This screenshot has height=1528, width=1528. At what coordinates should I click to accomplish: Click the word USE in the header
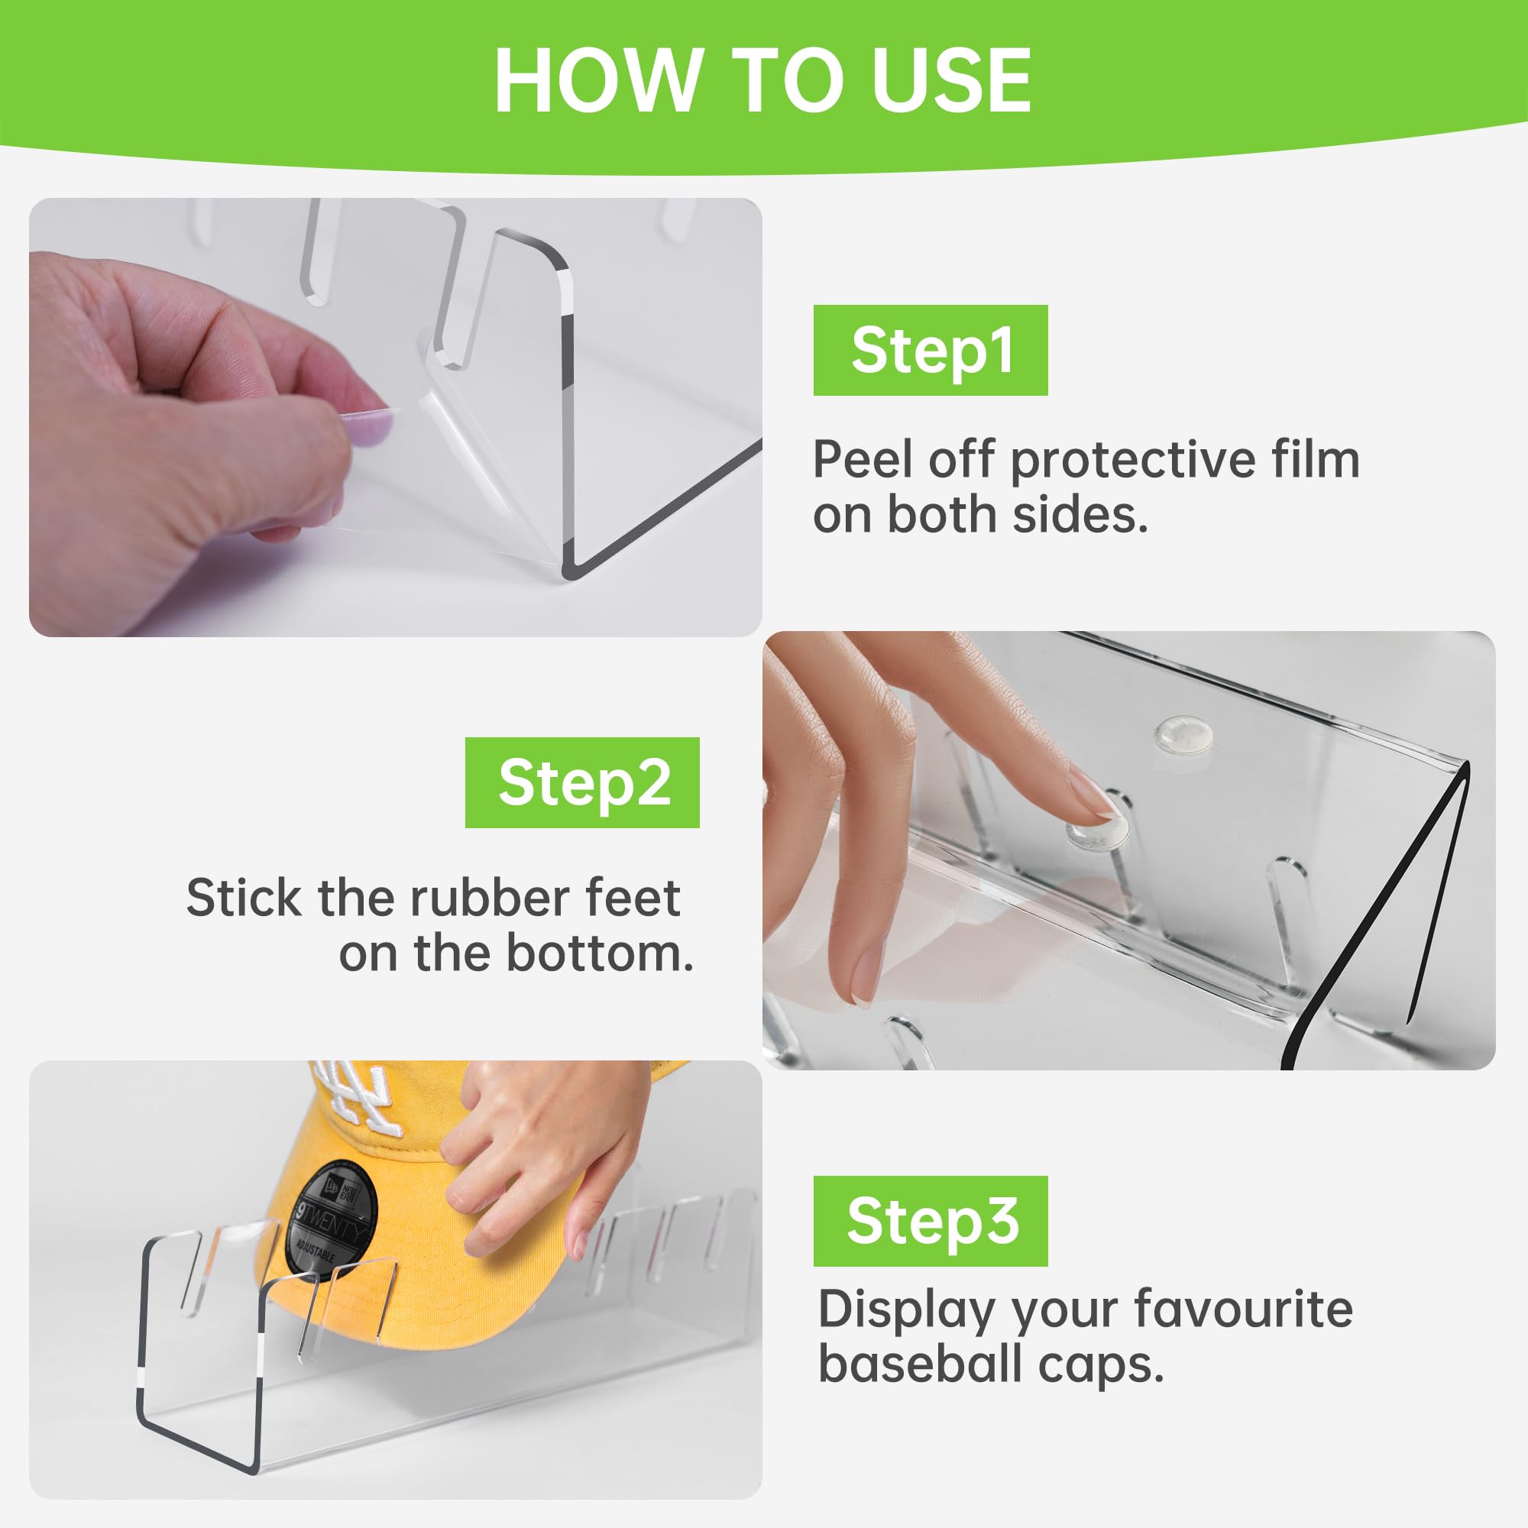pyautogui.click(x=952, y=81)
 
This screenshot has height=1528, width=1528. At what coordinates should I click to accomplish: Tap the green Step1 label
pyautogui.click(x=930, y=351)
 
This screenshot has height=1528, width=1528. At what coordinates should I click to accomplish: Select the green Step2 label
pyautogui.click(x=582, y=782)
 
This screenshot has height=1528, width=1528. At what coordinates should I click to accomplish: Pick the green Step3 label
pyautogui.click(x=930, y=1221)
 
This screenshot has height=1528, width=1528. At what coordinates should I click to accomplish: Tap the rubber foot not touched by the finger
pyautogui.click(x=1183, y=733)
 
